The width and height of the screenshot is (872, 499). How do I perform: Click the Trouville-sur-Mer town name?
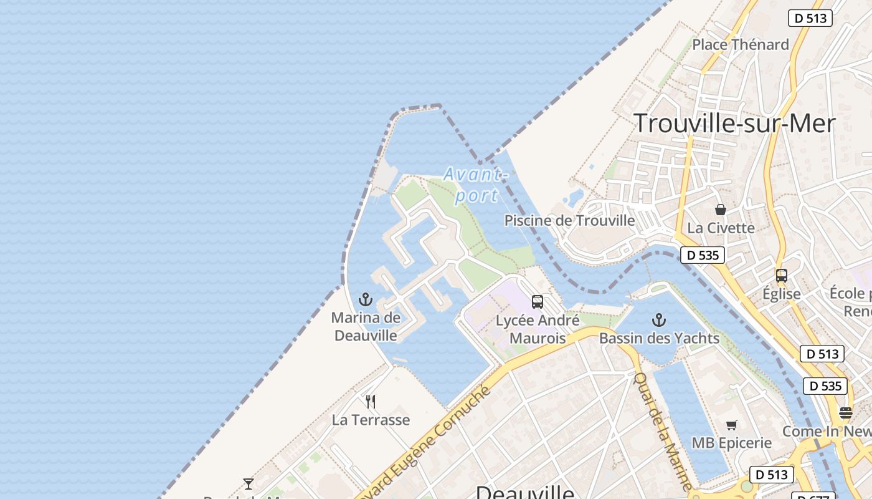734,124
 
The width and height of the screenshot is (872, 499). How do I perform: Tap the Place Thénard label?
741,44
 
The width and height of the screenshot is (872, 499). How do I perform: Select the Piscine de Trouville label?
569,221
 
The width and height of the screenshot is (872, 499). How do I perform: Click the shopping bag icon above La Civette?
721,210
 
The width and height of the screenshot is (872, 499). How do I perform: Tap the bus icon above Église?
781,275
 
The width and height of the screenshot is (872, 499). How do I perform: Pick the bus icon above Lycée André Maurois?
538,302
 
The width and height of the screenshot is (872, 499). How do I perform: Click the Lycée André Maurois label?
538,329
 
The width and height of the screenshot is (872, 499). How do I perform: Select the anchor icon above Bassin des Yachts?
659,321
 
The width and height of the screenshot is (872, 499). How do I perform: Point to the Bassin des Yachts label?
659,338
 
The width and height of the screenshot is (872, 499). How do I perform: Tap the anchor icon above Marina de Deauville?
366,299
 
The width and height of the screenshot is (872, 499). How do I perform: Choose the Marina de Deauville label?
366,326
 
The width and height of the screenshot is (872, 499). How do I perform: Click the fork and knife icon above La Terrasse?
371,401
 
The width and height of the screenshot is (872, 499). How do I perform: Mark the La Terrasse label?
371,420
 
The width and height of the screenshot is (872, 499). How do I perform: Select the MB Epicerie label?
731,443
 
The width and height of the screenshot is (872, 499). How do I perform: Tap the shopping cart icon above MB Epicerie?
732,425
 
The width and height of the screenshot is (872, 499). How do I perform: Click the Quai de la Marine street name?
663,430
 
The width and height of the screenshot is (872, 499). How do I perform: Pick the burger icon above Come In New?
845,412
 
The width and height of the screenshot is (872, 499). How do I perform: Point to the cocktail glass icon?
249,483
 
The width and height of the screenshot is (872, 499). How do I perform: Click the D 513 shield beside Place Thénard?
810,18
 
